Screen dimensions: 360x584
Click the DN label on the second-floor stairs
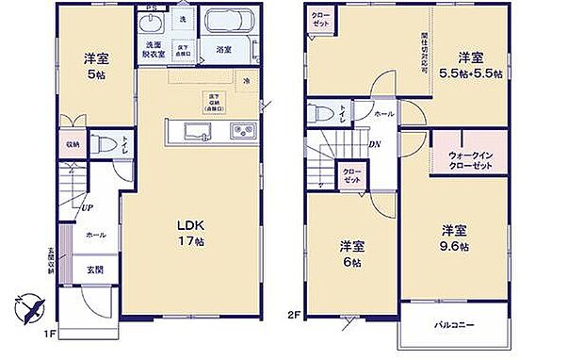(374, 145)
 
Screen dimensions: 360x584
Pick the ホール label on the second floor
(383, 114)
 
